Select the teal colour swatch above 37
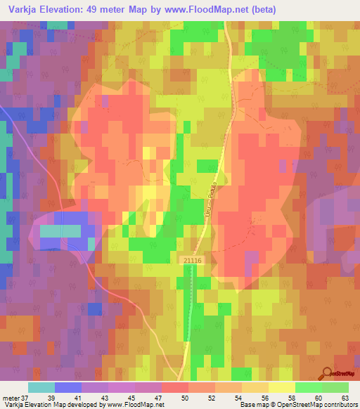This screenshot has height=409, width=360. [x=41, y=387]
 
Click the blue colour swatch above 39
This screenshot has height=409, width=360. [x=67, y=387]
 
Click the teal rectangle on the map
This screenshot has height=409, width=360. [x=60, y=231]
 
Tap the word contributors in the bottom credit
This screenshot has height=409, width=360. [x=340, y=405]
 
